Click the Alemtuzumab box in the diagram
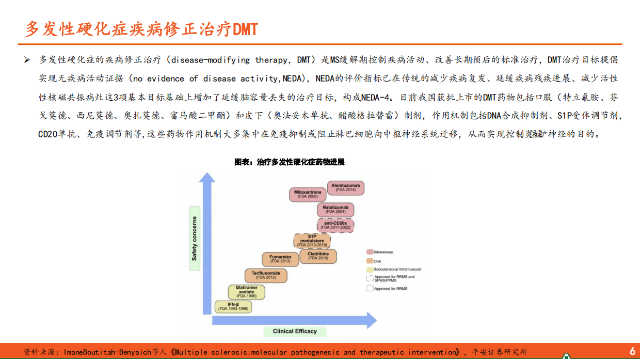click(x=346, y=187)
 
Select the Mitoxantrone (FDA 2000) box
click(x=308, y=194)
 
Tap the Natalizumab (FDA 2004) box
click(x=335, y=209)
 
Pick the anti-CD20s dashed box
click(x=335, y=225)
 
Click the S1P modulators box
click(x=312, y=241)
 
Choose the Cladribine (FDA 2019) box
click(x=318, y=256)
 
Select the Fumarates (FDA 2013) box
click(x=280, y=259)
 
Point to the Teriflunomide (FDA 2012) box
click(x=266, y=275)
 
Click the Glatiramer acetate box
click(x=247, y=292)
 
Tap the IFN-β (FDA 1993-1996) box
click(x=234, y=306)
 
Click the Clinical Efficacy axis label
click(x=295, y=331)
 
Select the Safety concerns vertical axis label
click(x=195, y=238)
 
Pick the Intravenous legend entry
click(x=383, y=252)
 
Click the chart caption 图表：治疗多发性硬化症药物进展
click(x=290, y=162)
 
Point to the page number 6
click(x=632, y=351)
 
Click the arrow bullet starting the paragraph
click(x=27, y=60)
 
